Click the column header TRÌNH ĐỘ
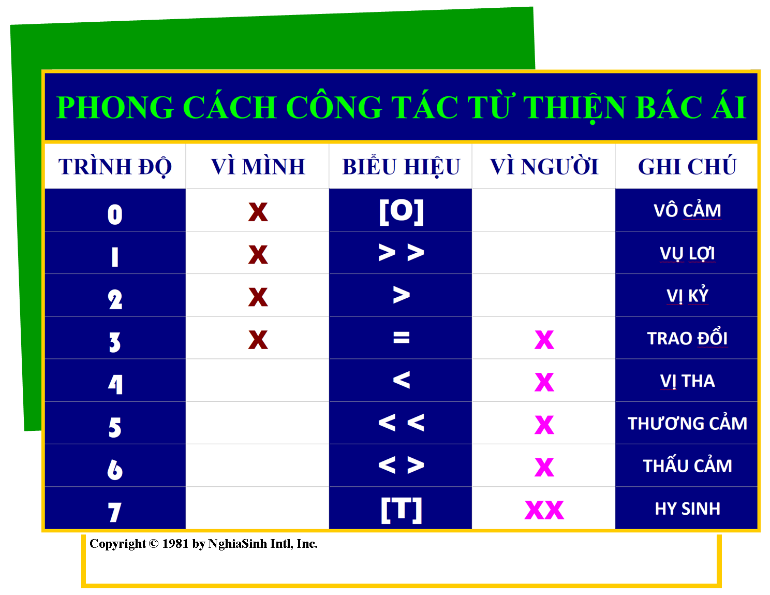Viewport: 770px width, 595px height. (x=115, y=166)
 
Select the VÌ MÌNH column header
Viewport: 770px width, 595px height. (x=258, y=166)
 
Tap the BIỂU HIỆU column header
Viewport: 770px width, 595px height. (x=401, y=166)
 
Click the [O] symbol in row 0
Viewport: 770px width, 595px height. (x=401, y=212)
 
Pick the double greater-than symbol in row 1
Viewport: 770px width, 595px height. (x=401, y=253)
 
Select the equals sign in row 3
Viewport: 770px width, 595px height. (x=401, y=337)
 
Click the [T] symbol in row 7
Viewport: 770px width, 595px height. (x=401, y=510)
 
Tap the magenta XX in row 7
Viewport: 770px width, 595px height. (x=544, y=510)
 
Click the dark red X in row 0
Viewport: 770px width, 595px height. (x=258, y=212)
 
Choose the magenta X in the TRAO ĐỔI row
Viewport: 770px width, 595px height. (x=544, y=340)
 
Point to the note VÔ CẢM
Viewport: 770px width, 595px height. (x=687, y=210)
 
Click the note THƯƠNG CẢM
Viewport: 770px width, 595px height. (x=687, y=423)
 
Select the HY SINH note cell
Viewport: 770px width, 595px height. (x=687, y=509)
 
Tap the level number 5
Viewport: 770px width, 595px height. (x=115, y=427)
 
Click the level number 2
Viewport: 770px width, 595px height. (x=115, y=299)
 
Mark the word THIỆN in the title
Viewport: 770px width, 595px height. (x=574, y=107)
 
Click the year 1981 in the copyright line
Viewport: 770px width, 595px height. (x=175, y=544)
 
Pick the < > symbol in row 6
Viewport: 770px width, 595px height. (x=401, y=465)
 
